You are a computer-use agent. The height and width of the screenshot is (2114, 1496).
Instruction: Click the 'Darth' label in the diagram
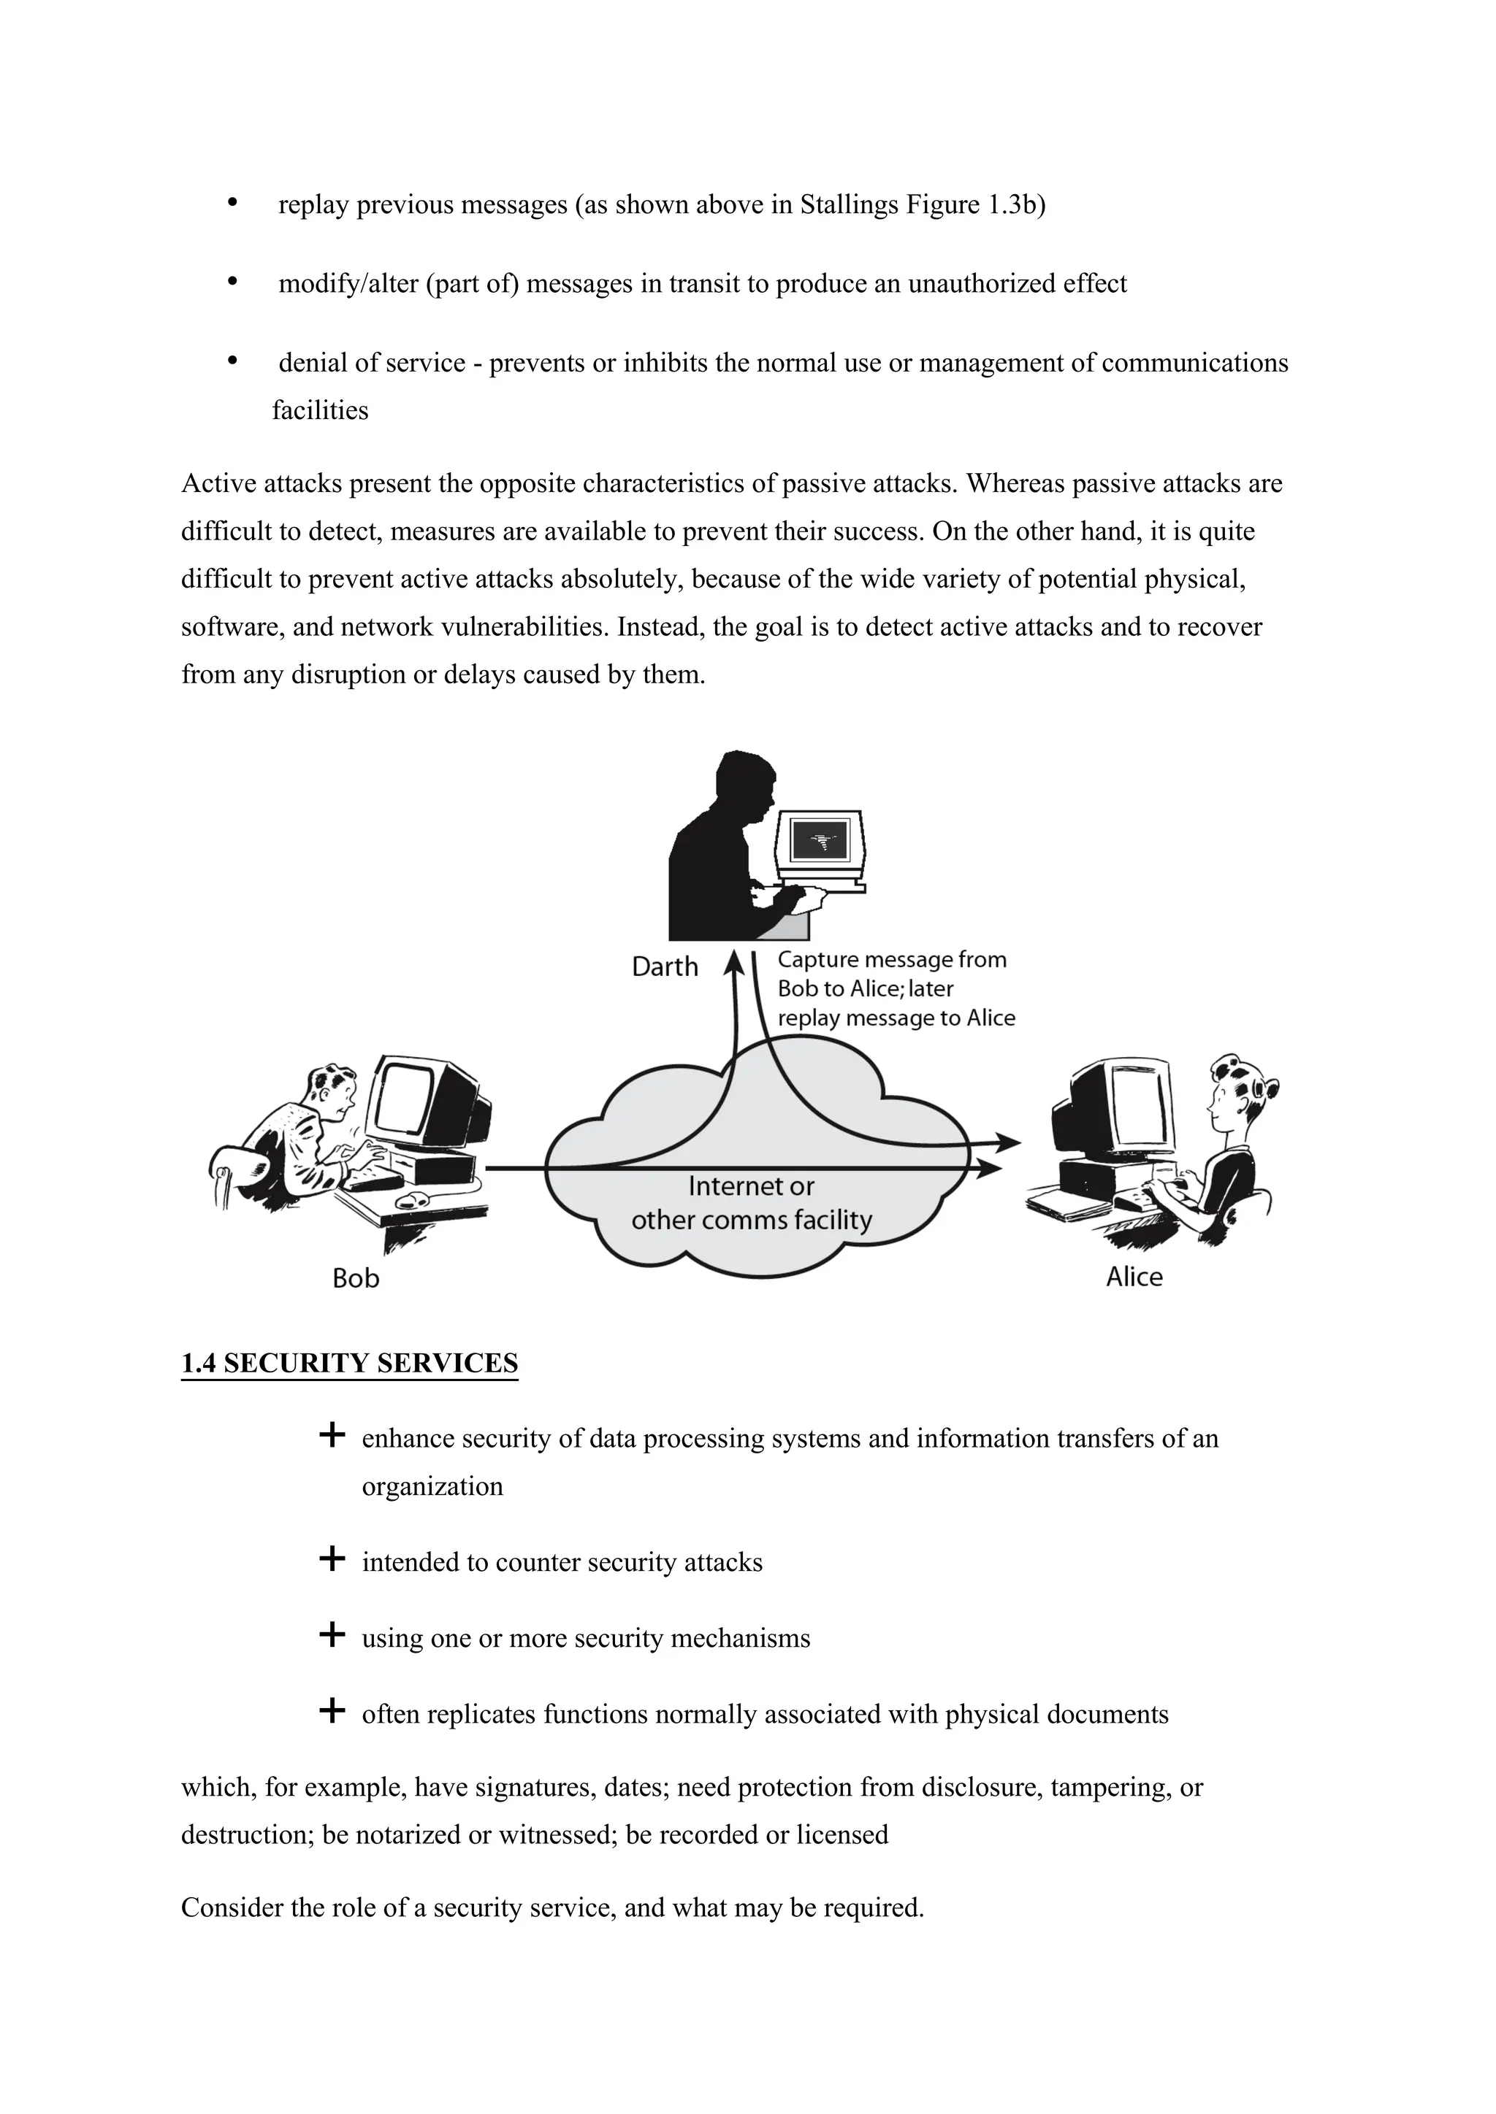tap(664, 966)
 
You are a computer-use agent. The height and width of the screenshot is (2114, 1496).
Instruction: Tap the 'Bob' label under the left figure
tap(356, 1278)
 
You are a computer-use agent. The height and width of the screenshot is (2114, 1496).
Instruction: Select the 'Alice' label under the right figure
tap(1134, 1276)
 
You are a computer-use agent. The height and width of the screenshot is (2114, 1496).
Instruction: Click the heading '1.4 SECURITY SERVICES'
tap(349, 1363)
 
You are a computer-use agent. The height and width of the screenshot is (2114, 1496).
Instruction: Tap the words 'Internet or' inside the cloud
tap(751, 1186)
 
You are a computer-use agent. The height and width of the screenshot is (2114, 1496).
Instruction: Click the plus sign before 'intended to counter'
tap(331, 1558)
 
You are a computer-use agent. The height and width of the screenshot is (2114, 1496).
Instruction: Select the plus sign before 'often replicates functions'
tap(331, 1711)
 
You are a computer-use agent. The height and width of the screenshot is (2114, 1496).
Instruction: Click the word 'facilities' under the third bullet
tap(320, 411)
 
